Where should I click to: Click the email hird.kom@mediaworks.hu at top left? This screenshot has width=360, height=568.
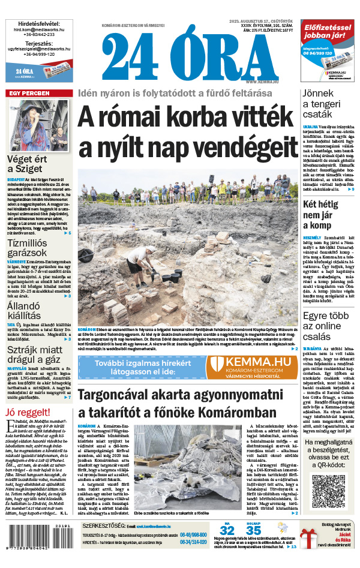[x=38, y=29]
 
